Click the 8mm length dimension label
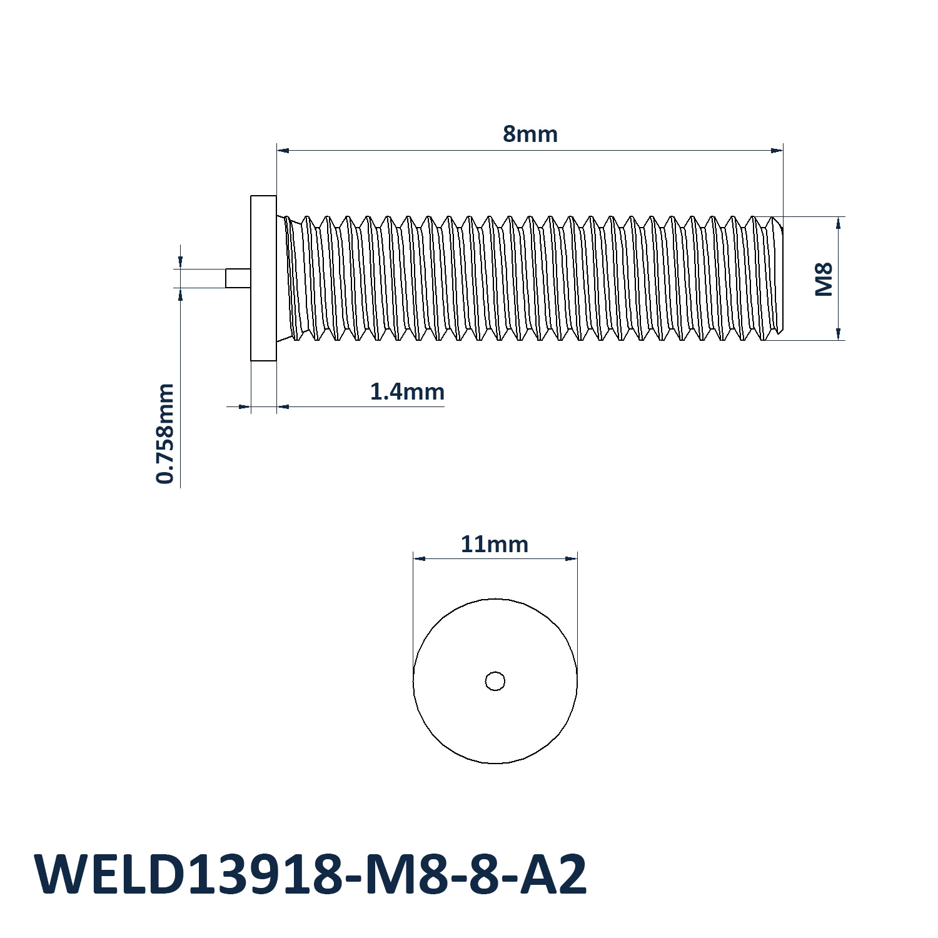530,134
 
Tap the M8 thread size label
824,279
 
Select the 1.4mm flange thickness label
407,392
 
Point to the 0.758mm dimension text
165,434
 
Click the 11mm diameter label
495,545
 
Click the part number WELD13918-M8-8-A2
311,874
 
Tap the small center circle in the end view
495,681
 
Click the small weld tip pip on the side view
238,278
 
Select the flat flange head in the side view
263,278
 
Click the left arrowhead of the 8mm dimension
283,150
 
